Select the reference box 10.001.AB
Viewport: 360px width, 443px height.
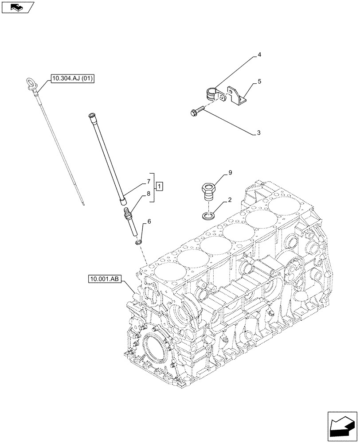(105, 279)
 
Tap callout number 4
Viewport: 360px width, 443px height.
(259, 55)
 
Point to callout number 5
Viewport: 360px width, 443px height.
(259, 82)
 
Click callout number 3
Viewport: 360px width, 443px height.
(259, 132)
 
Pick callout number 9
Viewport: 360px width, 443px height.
(230, 174)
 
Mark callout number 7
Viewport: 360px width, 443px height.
(143, 182)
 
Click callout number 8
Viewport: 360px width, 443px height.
(143, 194)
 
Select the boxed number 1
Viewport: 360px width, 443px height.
(159, 186)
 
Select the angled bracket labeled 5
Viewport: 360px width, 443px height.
(236, 95)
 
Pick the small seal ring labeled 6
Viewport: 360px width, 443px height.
(138, 242)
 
